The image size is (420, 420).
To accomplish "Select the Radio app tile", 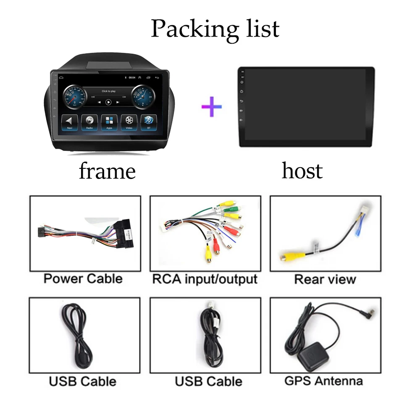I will coord(89,122).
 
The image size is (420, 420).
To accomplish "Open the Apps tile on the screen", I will coord(109,122).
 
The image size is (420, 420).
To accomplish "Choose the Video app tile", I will coord(129,122).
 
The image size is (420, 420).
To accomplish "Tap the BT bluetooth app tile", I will coord(148,122).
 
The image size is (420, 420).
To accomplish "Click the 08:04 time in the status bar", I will coord(131,78).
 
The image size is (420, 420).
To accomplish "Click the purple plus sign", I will coord(211,106).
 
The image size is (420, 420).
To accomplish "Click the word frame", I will coord(107,171).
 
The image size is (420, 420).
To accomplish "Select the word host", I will coord(302,171).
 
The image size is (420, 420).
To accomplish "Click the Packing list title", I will coord(215,29).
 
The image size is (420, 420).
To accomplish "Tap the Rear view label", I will coord(325,279).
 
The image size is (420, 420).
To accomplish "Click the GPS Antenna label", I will coord(323,381).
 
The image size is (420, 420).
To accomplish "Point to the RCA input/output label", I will coord(205,279).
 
